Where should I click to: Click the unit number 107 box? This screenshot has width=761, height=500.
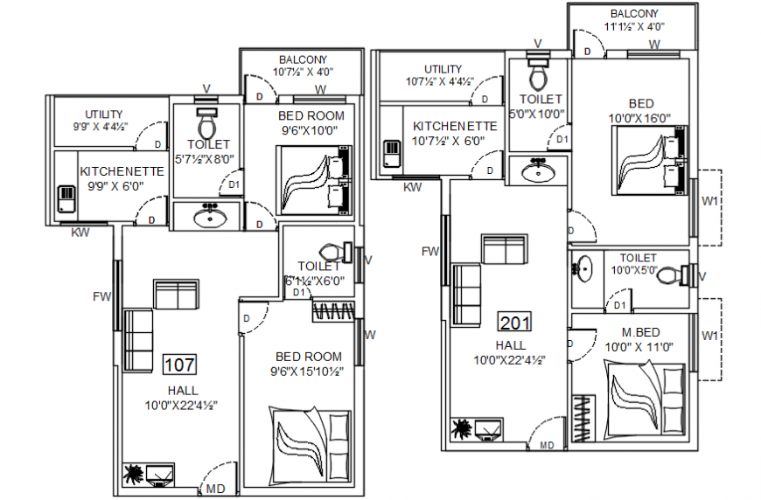pos(179,364)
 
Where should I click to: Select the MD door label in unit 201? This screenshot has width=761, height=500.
pos(547,445)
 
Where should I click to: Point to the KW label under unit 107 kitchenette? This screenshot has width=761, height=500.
pos(80,233)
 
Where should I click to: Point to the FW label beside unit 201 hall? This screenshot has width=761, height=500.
pos(429,252)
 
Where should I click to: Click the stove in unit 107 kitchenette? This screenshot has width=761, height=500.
pos(67,198)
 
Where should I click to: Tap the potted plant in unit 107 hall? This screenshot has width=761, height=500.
pos(134,475)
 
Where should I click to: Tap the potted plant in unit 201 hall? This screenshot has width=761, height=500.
pos(461,429)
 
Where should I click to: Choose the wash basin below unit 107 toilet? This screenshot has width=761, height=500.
pos(208,215)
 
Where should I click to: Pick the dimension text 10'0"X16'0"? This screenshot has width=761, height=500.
pos(639,117)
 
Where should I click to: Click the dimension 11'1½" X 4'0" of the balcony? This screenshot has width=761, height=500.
pos(634,27)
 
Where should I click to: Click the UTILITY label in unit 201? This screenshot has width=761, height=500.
pos(443,69)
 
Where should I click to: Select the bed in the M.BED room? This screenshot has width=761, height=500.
pos(646,399)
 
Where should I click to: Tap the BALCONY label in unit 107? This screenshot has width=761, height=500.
pos(303,59)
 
